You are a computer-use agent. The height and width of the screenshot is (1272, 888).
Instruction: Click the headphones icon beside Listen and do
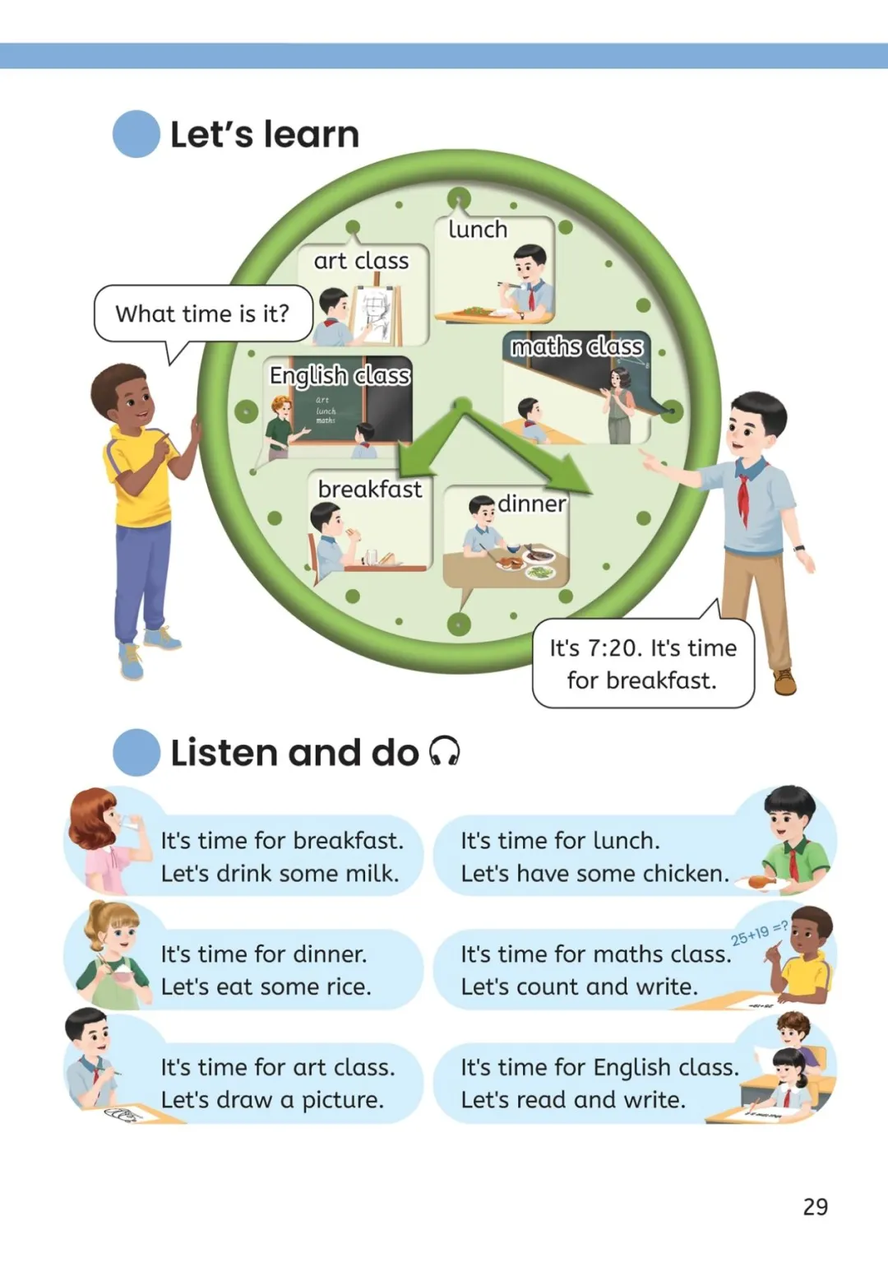[445, 751]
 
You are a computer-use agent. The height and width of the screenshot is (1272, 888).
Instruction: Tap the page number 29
[815, 1206]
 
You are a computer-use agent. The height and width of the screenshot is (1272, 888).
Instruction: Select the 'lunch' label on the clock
[478, 230]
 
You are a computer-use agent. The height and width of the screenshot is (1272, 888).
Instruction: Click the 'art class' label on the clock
[361, 261]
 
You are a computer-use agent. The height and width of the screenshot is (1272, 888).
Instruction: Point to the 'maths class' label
[576, 346]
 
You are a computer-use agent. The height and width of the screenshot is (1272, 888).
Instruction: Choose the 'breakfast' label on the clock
[369, 489]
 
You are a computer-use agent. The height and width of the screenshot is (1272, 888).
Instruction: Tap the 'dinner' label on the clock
[531, 504]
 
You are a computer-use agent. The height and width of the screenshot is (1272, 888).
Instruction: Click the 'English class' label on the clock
[340, 375]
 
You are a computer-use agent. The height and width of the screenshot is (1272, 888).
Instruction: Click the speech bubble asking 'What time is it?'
[202, 313]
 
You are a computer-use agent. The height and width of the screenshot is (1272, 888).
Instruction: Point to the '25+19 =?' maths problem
[758, 933]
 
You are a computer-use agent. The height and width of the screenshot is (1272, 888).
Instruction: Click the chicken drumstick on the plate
[761, 882]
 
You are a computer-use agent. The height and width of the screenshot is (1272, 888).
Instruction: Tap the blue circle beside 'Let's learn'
[136, 134]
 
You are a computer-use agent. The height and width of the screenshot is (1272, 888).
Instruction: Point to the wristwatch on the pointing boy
[798, 548]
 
